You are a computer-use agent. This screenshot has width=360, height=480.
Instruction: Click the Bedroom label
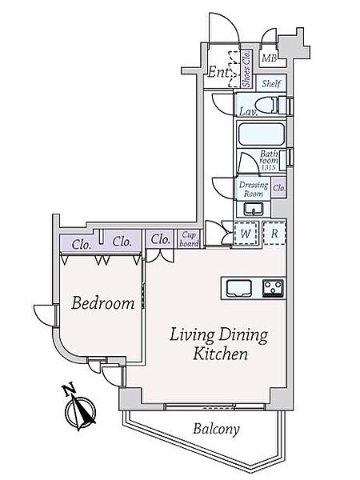click(x=103, y=303)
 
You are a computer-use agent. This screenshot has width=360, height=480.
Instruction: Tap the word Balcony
click(x=216, y=429)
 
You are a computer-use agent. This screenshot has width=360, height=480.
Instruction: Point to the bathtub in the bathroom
click(x=262, y=134)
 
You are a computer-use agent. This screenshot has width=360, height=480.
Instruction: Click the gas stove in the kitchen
click(x=274, y=288)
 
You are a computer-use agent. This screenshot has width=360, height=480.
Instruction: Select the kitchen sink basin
click(x=238, y=288)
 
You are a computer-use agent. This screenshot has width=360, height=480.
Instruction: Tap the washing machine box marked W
click(x=246, y=234)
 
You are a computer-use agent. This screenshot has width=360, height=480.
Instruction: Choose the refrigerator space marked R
click(x=274, y=234)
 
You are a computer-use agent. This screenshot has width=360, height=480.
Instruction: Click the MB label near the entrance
click(x=270, y=58)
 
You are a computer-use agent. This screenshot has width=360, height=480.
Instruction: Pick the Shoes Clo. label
click(x=246, y=69)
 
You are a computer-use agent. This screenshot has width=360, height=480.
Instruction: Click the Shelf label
click(x=271, y=83)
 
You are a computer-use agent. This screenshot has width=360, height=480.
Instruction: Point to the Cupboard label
click(x=189, y=239)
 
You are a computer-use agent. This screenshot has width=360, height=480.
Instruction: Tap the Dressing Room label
click(x=253, y=190)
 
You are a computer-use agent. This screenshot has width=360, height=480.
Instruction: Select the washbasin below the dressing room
click(x=254, y=209)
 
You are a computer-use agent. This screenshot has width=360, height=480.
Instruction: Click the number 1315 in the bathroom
click(x=269, y=167)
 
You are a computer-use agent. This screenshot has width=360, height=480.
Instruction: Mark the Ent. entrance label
click(x=218, y=73)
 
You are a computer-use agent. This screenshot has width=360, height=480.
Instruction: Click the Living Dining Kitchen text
click(x=219, y=344)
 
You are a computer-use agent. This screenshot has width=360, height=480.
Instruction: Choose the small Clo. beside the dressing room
click(x=279, y=188)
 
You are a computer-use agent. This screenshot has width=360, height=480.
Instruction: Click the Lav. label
click(x=248, y=112)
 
